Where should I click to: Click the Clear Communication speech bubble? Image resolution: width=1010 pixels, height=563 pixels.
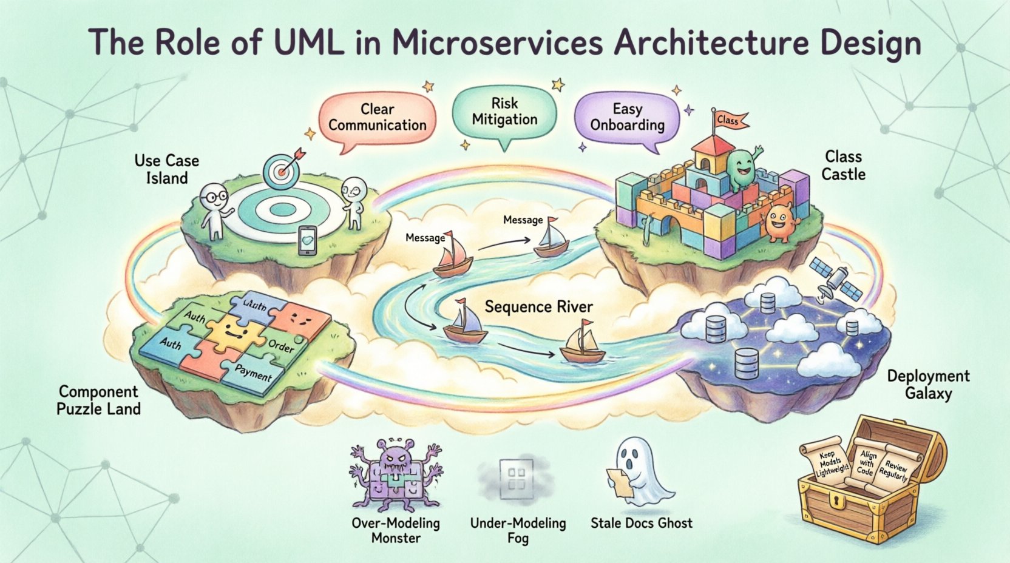pos(377,118)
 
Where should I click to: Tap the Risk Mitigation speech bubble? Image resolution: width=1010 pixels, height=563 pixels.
pos(504,112)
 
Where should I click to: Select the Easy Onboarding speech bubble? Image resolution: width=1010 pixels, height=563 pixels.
pos(627,118)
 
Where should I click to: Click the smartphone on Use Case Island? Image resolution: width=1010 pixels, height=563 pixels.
pos(308,240)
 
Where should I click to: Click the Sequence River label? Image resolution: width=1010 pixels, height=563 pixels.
pos(538,307)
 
